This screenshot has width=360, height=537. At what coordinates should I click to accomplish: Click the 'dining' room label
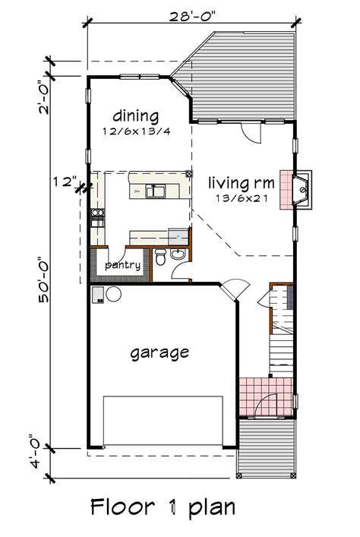point(136,116)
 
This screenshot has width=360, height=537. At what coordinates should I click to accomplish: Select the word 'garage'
point(159,352)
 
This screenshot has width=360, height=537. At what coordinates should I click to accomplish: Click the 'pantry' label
point(122,265)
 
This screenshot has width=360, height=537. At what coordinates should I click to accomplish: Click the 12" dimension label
point(65,182)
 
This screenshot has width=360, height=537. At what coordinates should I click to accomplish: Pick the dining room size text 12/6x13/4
point(137,131)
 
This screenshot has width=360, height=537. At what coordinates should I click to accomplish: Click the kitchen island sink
point(158,191)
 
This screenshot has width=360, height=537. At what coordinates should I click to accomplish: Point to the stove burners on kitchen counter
point(96,217)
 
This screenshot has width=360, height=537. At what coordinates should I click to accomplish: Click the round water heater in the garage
point(112,295)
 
